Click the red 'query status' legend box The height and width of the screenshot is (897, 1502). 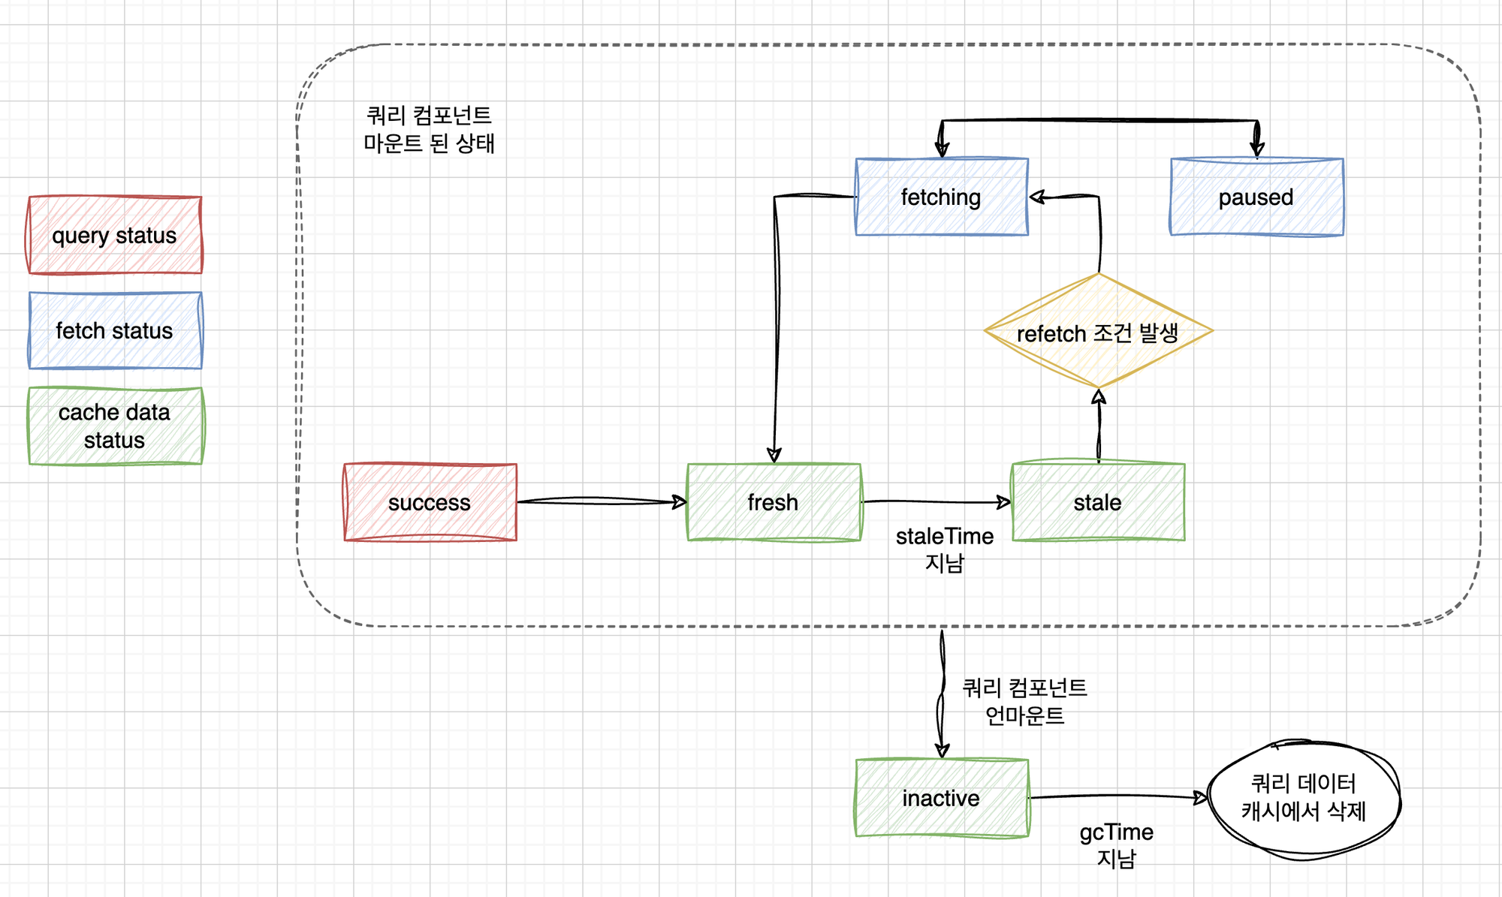pos(115,235)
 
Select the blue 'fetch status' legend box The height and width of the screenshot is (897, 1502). pos(115,330)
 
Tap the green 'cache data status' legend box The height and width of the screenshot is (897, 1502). pos(115,426)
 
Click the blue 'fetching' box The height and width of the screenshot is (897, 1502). pos(941,197)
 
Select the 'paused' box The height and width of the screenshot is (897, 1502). pos(1256,197)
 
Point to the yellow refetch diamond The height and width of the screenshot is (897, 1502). pos(1098,332)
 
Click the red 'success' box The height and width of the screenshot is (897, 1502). pos(430,502)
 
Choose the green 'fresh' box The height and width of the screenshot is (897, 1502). pos(774,502)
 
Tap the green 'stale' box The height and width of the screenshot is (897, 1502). pos(1098,502)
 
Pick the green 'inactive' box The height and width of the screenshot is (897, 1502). pos(941,798)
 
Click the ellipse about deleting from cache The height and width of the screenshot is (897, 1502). pos(1303,798)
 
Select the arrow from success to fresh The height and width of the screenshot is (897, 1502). pos(601,501)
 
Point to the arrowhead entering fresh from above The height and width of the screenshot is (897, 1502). pos(774,455)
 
